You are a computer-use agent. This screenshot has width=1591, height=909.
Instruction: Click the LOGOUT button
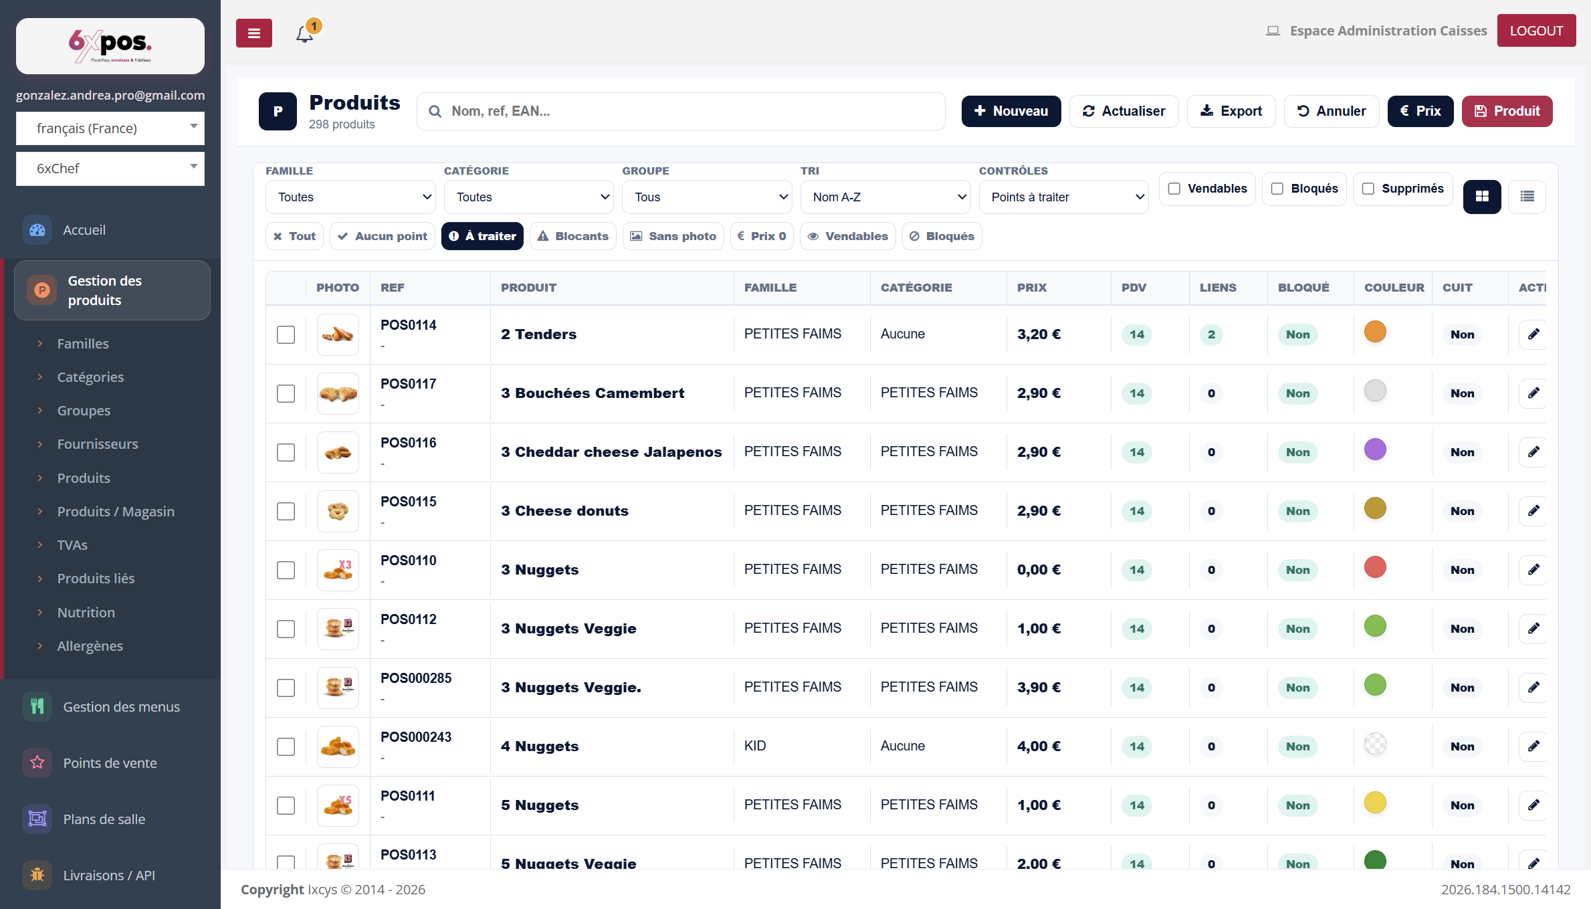pos(1536,31)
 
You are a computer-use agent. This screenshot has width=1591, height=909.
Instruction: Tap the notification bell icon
pos(305,33)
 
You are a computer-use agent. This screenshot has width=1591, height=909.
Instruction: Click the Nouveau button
pos(1011,111)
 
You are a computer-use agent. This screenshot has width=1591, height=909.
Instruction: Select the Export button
pos(1231,111)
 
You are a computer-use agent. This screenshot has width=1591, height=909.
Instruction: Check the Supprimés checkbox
pos(1368,189)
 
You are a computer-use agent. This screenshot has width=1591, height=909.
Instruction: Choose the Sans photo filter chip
pos(673,236)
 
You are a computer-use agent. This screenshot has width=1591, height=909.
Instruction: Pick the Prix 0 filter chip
pos(762,236)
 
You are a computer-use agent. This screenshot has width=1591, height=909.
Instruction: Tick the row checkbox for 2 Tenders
pos(286,334)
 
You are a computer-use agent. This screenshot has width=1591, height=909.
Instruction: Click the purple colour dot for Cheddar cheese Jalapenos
pos(1375,449)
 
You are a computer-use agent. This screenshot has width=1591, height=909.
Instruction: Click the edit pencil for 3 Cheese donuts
pos(1533,511)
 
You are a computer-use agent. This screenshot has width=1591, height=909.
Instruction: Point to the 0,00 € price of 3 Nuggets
pos(1039,570)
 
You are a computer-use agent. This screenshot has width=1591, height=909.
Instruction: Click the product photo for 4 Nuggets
pos(338,746)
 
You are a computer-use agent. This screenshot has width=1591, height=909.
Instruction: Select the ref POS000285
pos(416,678)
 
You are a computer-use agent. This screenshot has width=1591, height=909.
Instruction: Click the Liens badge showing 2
pos(1211,334)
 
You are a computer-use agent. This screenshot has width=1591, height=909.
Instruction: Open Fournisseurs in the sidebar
pos(98,444)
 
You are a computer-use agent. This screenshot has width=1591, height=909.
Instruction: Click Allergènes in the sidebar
pos(90,646)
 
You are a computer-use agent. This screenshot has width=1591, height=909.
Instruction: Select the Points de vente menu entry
pos(110,763)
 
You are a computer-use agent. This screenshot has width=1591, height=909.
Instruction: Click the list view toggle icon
pos(1527,197)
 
